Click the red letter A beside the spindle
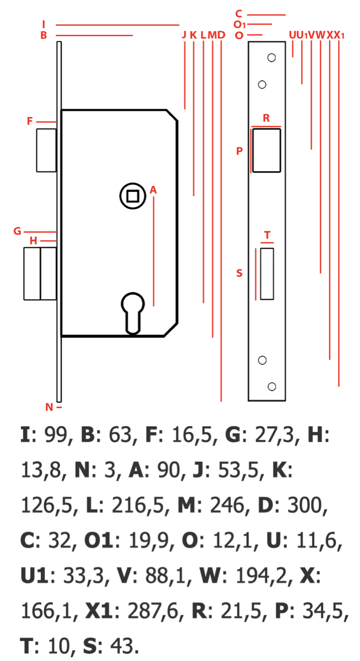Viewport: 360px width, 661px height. point(153,190)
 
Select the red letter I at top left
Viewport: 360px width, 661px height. point(44,24)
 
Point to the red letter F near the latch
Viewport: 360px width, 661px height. point(30,121)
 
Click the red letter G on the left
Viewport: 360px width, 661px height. point(17,231)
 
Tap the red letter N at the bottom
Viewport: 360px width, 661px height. point(49,407)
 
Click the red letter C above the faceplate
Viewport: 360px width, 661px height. point(239,14)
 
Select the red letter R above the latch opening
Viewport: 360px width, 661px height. point(266,118)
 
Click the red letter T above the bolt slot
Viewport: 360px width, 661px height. point(267,235)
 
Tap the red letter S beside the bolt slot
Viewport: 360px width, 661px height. point(239,273)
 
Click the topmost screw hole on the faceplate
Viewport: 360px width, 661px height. point(272,57)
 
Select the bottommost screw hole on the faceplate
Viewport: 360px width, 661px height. point(272,386)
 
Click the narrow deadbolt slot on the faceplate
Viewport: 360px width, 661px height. point(267,274)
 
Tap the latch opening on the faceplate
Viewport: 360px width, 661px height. point(266,150)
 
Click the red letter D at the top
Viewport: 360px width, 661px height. point(221,35)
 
